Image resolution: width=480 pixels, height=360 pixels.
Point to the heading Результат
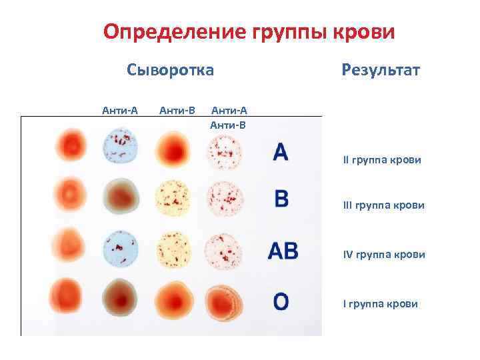click(380, 69)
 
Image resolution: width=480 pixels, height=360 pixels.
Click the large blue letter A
click(281, 152)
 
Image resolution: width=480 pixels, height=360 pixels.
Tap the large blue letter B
click(281, 199)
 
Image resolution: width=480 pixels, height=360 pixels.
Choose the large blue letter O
click(281, 301)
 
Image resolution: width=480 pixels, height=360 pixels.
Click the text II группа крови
click(382, 161)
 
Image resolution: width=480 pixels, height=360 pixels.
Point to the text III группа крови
click(383, 206)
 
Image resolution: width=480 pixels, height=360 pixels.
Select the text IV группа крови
click(384, 254)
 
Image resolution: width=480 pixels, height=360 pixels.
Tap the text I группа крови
click(381, 304)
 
